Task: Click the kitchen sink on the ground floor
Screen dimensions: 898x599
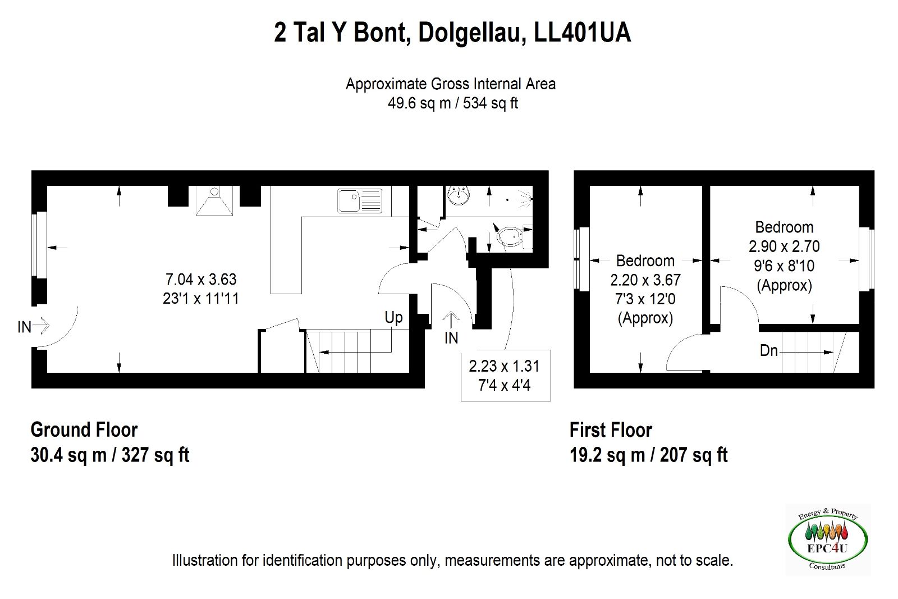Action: (360, 201)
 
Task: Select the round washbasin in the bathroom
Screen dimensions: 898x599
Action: (459, 195)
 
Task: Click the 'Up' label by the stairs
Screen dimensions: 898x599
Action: (393, 318)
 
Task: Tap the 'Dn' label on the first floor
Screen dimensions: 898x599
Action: (768, 351)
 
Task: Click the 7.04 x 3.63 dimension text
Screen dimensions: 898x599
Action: (201, 279)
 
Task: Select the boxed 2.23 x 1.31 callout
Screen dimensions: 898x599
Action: (506, 375)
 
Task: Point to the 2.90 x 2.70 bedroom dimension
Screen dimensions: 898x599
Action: (784, 246)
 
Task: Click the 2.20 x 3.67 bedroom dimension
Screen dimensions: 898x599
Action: (645, 280)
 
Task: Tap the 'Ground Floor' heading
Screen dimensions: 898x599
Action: (84, 430)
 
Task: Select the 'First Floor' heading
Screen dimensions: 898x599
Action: (611, 430)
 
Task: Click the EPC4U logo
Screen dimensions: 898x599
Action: (827, 539)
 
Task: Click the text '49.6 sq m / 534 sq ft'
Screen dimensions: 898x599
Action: (452, 103)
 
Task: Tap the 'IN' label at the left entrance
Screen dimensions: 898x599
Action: (25, 327)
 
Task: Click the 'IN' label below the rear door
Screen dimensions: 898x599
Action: (451, 338)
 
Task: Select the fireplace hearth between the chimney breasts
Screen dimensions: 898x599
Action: (214, 200)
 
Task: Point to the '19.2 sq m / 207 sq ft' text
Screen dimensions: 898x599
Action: (649, 455)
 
